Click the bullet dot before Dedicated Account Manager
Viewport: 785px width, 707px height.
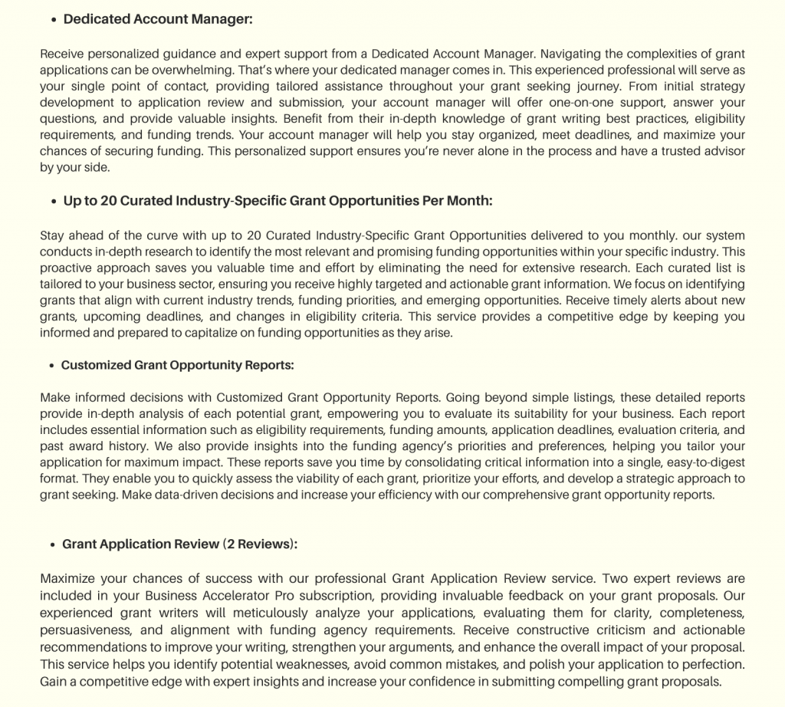54,21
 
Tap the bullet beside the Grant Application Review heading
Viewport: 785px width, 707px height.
53,545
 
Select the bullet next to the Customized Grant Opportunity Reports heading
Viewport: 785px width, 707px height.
52,367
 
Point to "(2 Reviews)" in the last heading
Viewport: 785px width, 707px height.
259,544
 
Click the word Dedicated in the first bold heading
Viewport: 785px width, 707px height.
97,19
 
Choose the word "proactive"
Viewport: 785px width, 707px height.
67,268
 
